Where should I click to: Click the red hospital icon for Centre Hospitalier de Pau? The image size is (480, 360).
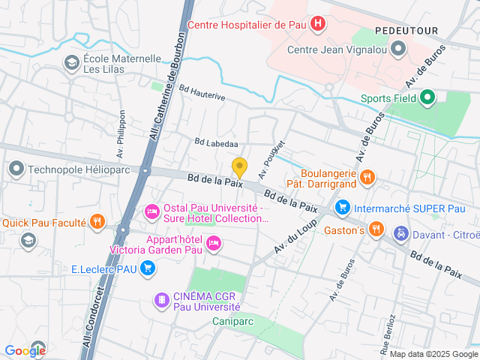click(319, 24)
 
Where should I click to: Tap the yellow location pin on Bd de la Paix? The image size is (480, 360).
click(239, 168)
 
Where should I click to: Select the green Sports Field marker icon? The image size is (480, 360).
click(427, 97)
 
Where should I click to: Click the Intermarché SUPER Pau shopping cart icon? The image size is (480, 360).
click(342, 206)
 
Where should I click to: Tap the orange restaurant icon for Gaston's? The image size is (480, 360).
click(376, 229)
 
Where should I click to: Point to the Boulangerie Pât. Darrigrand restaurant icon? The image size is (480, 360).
click(367, 177)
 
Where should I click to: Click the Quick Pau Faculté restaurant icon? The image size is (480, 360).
click(97, 221)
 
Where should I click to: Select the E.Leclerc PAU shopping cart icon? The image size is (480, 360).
click(148, 268)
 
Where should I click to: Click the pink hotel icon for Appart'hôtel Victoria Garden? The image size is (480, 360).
click(214, 241)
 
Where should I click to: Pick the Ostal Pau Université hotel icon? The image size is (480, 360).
click(151, 212)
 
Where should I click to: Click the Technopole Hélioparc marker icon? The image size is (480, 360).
click(16, 169)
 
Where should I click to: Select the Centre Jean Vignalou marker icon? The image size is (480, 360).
click(398, 50)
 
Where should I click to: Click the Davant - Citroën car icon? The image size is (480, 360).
click(401, 232)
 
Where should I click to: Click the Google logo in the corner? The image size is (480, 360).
click(25, 350)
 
